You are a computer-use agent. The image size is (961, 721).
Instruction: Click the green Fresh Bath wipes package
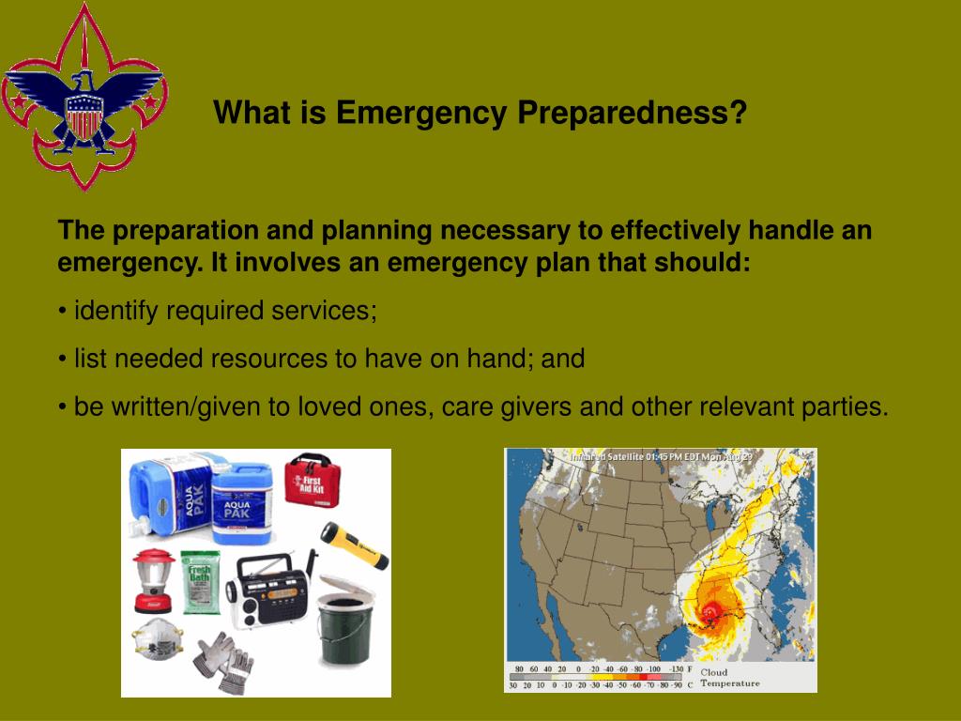[200, 582]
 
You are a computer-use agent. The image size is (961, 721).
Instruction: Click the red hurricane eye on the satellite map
[711, 611]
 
